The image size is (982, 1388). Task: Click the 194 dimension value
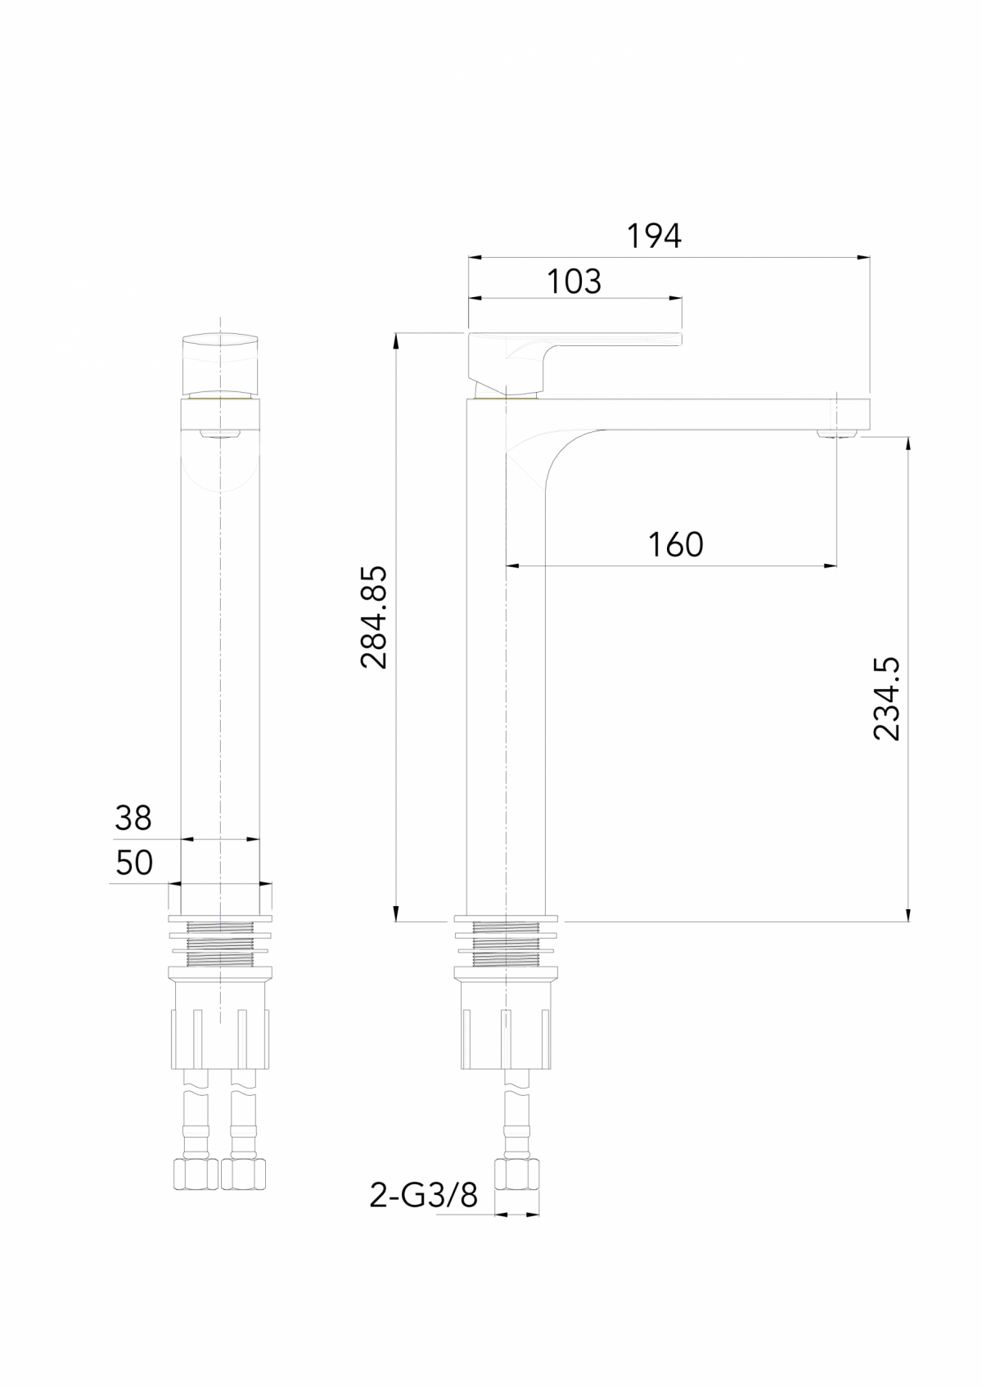coord(654,237)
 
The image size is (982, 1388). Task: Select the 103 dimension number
coord(574,282)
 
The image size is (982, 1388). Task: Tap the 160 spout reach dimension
coord(675,544)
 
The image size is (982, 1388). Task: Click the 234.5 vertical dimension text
coord(885,698)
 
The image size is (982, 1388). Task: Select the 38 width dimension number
coord(133,818)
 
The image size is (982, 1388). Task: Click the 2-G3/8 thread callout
coord(423,1196)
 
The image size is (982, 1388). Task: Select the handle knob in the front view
coord(220,362)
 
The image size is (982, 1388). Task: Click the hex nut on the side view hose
coord(517,1173)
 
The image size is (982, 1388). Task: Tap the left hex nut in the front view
coord(196,1174)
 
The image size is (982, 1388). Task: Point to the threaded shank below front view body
coord(220,941)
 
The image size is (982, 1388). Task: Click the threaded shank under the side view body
coord(506,941)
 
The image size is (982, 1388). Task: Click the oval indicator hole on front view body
coord(220,433)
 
